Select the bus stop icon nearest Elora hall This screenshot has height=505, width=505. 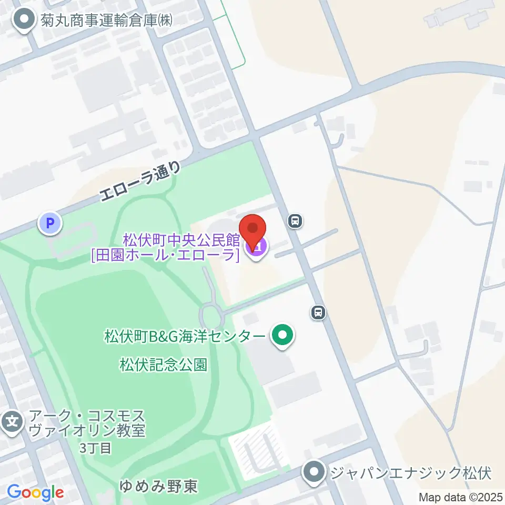295,221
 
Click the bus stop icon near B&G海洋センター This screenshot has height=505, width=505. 318,312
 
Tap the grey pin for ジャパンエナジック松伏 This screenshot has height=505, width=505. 315,472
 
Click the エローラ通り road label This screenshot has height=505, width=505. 140,182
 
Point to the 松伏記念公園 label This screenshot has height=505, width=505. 163,364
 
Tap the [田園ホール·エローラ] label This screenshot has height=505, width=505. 166,256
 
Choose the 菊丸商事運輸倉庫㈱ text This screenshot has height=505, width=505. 106,21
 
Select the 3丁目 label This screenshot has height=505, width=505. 95,448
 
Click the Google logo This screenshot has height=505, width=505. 35,493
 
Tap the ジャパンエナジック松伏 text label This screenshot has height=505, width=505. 410,473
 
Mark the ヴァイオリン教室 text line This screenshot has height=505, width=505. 87,431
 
